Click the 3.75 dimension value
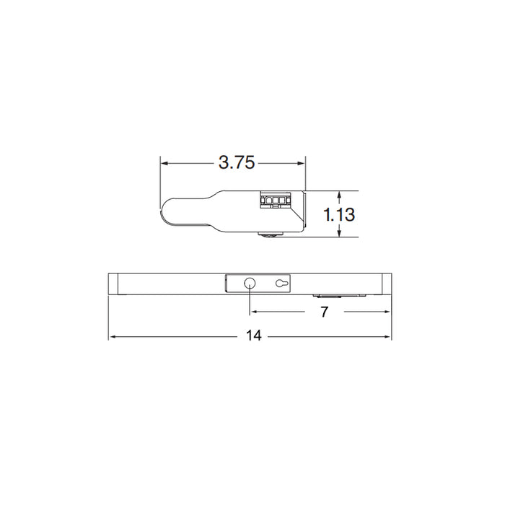(x=237, y=163)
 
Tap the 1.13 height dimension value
(x=339, y=214)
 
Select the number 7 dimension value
(x=324, y=312)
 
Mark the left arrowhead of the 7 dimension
(x=254, y=312)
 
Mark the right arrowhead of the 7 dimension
(x=387, y=312)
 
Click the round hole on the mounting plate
(x=250, y=284)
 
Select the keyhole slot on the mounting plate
(x=281, y=284)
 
